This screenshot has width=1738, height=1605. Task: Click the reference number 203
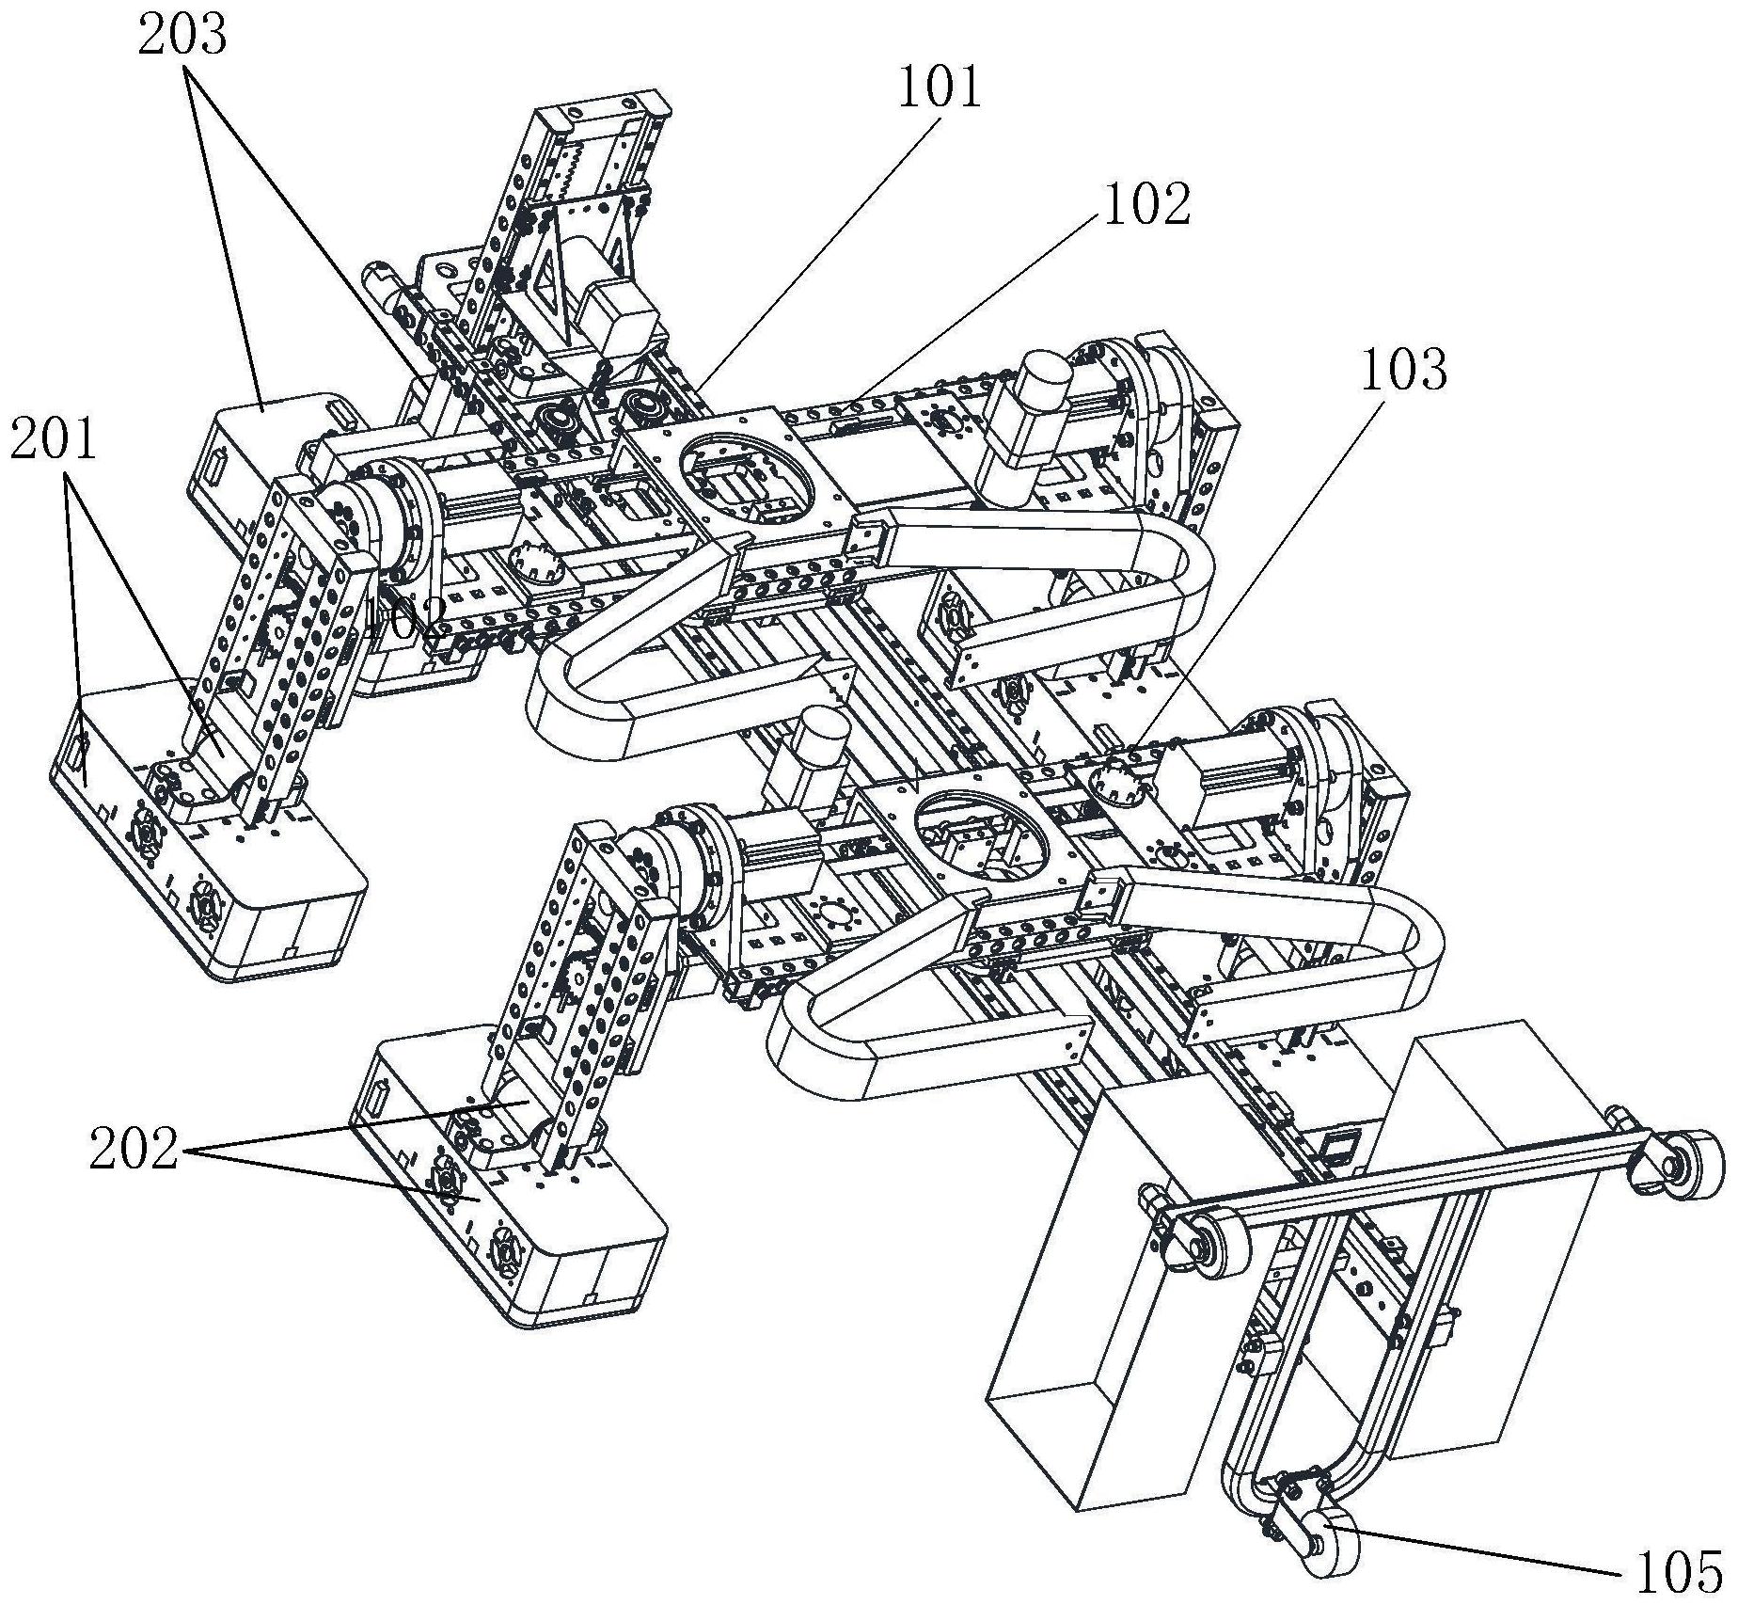[182, 37]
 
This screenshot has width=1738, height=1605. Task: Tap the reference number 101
[940, 90]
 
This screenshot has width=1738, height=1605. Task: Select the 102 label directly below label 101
[1146, 204]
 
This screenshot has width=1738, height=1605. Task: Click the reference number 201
[54, 440]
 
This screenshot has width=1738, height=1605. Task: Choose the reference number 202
[134, 1149]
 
